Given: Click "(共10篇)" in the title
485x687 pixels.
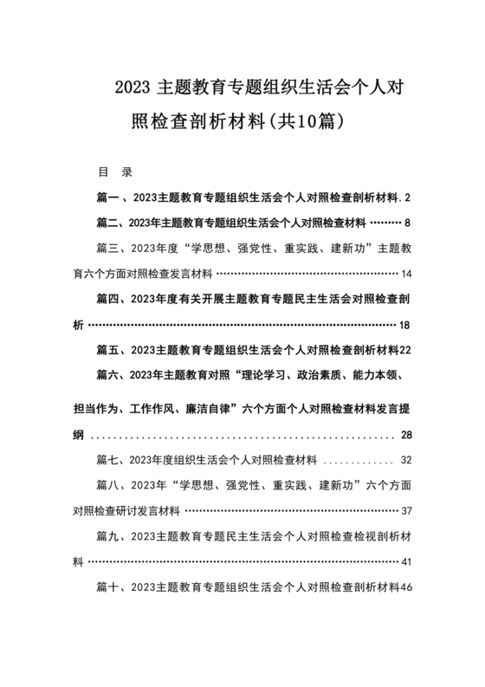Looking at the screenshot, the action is tap(310, 123).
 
